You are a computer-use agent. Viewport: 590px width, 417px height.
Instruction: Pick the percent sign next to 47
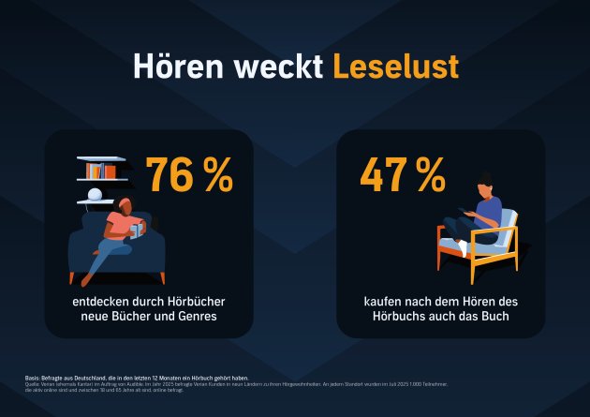point(429,174)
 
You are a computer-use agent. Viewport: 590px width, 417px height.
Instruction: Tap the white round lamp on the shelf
point(94,196)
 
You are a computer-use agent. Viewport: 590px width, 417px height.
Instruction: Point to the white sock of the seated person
point(464,248)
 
